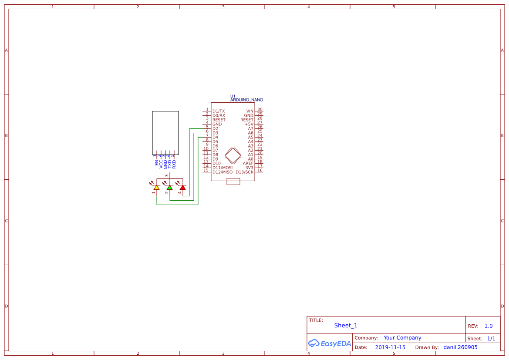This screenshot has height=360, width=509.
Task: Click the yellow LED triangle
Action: [157, 188]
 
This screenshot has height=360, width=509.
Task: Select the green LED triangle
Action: [170, 188]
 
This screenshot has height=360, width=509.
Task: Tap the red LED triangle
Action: [183, 188]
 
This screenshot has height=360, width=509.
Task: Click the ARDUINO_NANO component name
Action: [246, 100]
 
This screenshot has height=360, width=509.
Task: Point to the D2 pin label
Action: [215, 128]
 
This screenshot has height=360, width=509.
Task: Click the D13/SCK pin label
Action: [244, 172]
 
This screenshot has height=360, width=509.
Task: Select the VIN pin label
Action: [249, 111]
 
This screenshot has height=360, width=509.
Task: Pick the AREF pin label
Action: [248, 163]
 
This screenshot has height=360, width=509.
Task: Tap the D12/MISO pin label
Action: [222, 172]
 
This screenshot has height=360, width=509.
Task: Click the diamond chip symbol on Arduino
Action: [233, 155]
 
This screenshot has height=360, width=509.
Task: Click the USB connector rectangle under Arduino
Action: [233, 182]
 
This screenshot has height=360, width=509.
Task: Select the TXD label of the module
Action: [170, 164]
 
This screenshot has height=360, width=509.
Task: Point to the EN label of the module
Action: [157, 162]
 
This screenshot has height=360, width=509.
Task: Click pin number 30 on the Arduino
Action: [260, 110]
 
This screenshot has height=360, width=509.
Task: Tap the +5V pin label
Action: [249, 124]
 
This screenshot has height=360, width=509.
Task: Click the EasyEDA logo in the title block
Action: [329, 343]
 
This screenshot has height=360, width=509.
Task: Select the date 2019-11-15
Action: [390, 347]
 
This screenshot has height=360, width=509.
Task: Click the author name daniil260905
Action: [460, 347]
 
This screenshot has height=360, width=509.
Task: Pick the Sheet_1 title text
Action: [346, 325]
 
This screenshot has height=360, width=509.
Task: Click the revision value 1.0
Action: [488, 326]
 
